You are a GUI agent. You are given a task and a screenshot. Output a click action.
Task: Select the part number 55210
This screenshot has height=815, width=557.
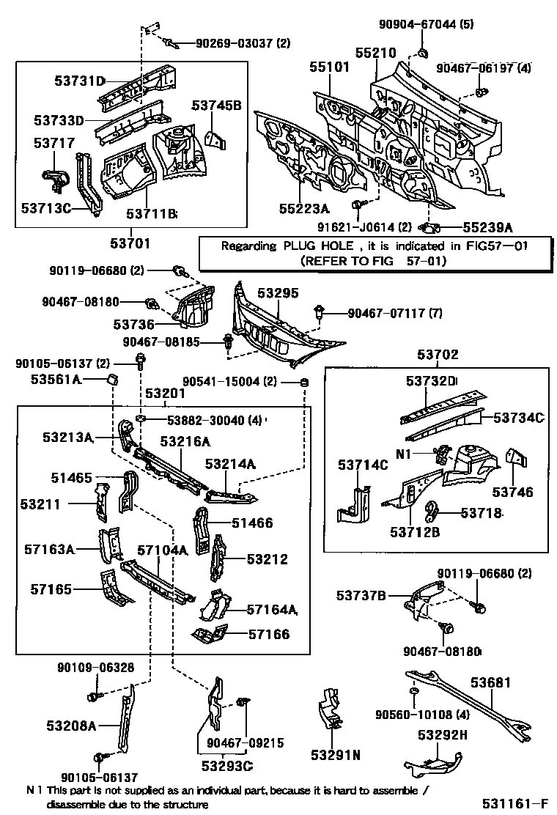[375, 53]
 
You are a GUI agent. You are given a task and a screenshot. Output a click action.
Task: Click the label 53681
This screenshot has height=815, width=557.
[490, 682]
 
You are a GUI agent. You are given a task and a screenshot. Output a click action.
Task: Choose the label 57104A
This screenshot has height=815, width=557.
[163, 550]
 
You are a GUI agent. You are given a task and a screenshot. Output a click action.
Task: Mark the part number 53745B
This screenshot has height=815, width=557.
[216, 106]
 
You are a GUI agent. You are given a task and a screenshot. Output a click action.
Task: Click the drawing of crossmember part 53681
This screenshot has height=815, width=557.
[469, 704]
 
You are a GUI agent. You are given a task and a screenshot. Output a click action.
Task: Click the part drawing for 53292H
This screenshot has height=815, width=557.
[432, 762]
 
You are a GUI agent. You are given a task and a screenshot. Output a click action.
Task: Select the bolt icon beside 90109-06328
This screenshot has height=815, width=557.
[93, 693]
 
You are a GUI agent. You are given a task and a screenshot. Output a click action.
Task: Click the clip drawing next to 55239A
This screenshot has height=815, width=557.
[432, 227]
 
